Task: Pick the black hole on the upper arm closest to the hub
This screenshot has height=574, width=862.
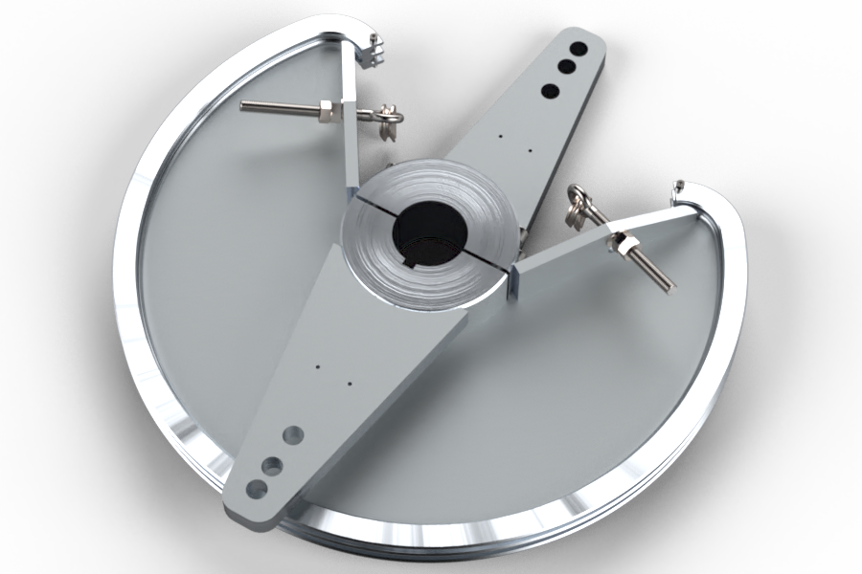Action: tap(550, 91)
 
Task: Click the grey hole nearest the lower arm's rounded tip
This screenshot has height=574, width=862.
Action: tap(256, 488)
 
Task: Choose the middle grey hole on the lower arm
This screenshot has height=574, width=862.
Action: tap(274, 466)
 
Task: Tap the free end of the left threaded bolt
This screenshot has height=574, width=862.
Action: tap(244, 105)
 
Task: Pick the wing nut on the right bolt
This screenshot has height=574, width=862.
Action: tap(579, 206)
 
